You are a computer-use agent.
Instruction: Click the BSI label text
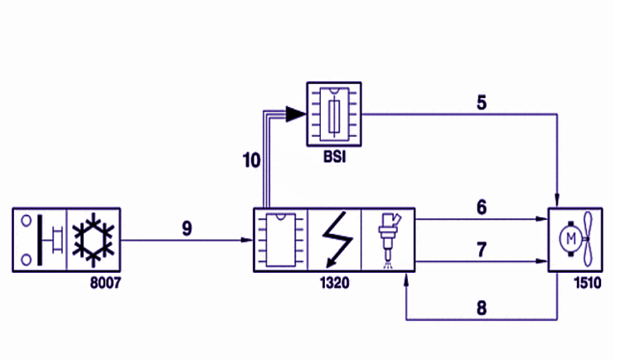[x=335, y=157]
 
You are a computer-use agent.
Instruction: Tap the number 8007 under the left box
[x=105, y=283]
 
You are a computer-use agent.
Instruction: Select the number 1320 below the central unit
[x=335, y=283]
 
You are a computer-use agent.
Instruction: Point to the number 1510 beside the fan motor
[x=588, y=283]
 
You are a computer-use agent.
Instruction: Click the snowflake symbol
[x=94, y=240]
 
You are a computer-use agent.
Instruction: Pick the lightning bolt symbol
[x=337, y=240]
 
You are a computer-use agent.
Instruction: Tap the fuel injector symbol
[x=389, y=241]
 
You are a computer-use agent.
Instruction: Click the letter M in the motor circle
[x=571, y=238]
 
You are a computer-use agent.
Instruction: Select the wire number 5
[x=482, y=103]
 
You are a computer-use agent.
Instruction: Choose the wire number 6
[x=482, y=207]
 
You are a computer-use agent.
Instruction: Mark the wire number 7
[x=482, y=250]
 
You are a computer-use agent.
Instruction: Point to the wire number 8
[x=482, y=308]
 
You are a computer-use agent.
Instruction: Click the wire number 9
[x=187, y=228]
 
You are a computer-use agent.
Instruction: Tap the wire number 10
[x=251, y=160]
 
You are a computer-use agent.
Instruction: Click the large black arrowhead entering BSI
[x=295, y=114]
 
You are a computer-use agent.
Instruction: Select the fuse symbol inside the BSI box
[x=334, y=116]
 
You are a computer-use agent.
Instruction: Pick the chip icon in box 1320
[x=281, y=240]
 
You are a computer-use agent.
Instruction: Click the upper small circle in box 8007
[x=27, y=221]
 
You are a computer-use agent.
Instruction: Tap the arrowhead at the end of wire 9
[x=247, y=240]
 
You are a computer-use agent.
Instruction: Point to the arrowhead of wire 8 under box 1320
[x=406, y=280]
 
